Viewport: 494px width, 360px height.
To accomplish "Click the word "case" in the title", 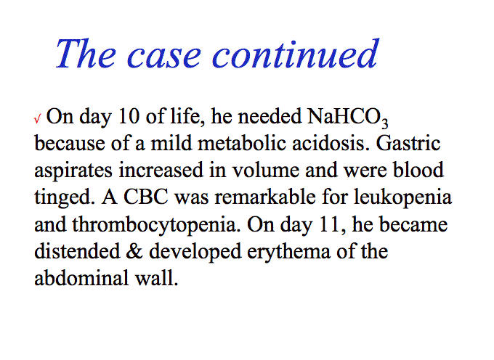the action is click(163, 57).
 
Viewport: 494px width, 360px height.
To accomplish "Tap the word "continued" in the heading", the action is click(295, 54).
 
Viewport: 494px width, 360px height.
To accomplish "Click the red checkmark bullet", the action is click(38, 118).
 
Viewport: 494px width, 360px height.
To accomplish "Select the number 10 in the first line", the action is click(129, 116).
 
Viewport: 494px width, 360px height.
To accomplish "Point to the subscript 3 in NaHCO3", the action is click(384, 123).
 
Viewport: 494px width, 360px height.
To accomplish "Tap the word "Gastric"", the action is click(408, 143).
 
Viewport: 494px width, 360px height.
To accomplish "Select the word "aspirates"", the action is click(73, 171).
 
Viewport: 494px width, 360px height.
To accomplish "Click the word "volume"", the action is click(266, 171).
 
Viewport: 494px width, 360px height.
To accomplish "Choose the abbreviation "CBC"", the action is click(145, 197).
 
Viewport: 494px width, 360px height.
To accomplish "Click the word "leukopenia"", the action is click(402, 198).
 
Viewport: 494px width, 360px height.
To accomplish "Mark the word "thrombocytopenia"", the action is click(154, 226).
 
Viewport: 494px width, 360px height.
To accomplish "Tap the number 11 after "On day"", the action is click(330, 225).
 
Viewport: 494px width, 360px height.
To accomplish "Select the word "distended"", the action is click(77, 251).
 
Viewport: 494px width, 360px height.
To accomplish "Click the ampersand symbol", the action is click(134, 252).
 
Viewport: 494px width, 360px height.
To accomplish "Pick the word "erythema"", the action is click(288, 253).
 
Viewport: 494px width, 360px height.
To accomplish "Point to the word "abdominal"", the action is click(81, 278).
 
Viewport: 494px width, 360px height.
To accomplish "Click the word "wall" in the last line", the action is click(154, 278).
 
